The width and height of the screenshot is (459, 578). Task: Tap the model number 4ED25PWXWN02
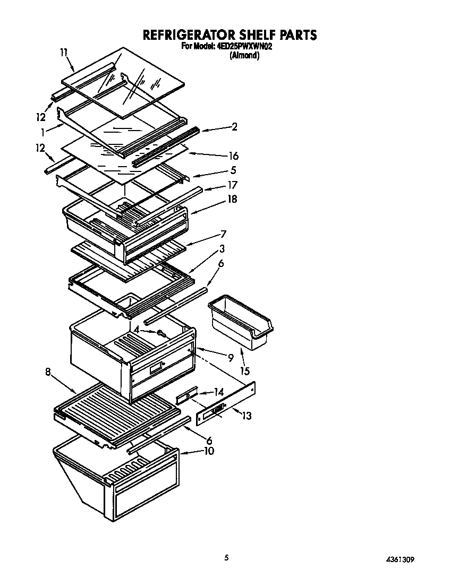[244, 47]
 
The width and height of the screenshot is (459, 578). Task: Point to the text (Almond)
[244, 55]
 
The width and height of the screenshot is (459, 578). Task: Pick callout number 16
[233, 156]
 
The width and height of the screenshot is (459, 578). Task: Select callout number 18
[232, 199]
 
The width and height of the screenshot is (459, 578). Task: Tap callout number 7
[223, 234]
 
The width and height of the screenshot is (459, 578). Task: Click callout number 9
[231, 358]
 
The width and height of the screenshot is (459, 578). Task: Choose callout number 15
[245, 370]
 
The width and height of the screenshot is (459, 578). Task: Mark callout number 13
[246, 416]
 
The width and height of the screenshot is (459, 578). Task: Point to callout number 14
[218, 393]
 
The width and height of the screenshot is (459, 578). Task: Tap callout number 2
[234, 127]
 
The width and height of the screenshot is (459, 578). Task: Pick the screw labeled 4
[161, 333]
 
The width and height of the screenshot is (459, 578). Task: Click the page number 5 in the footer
[227, 557]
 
